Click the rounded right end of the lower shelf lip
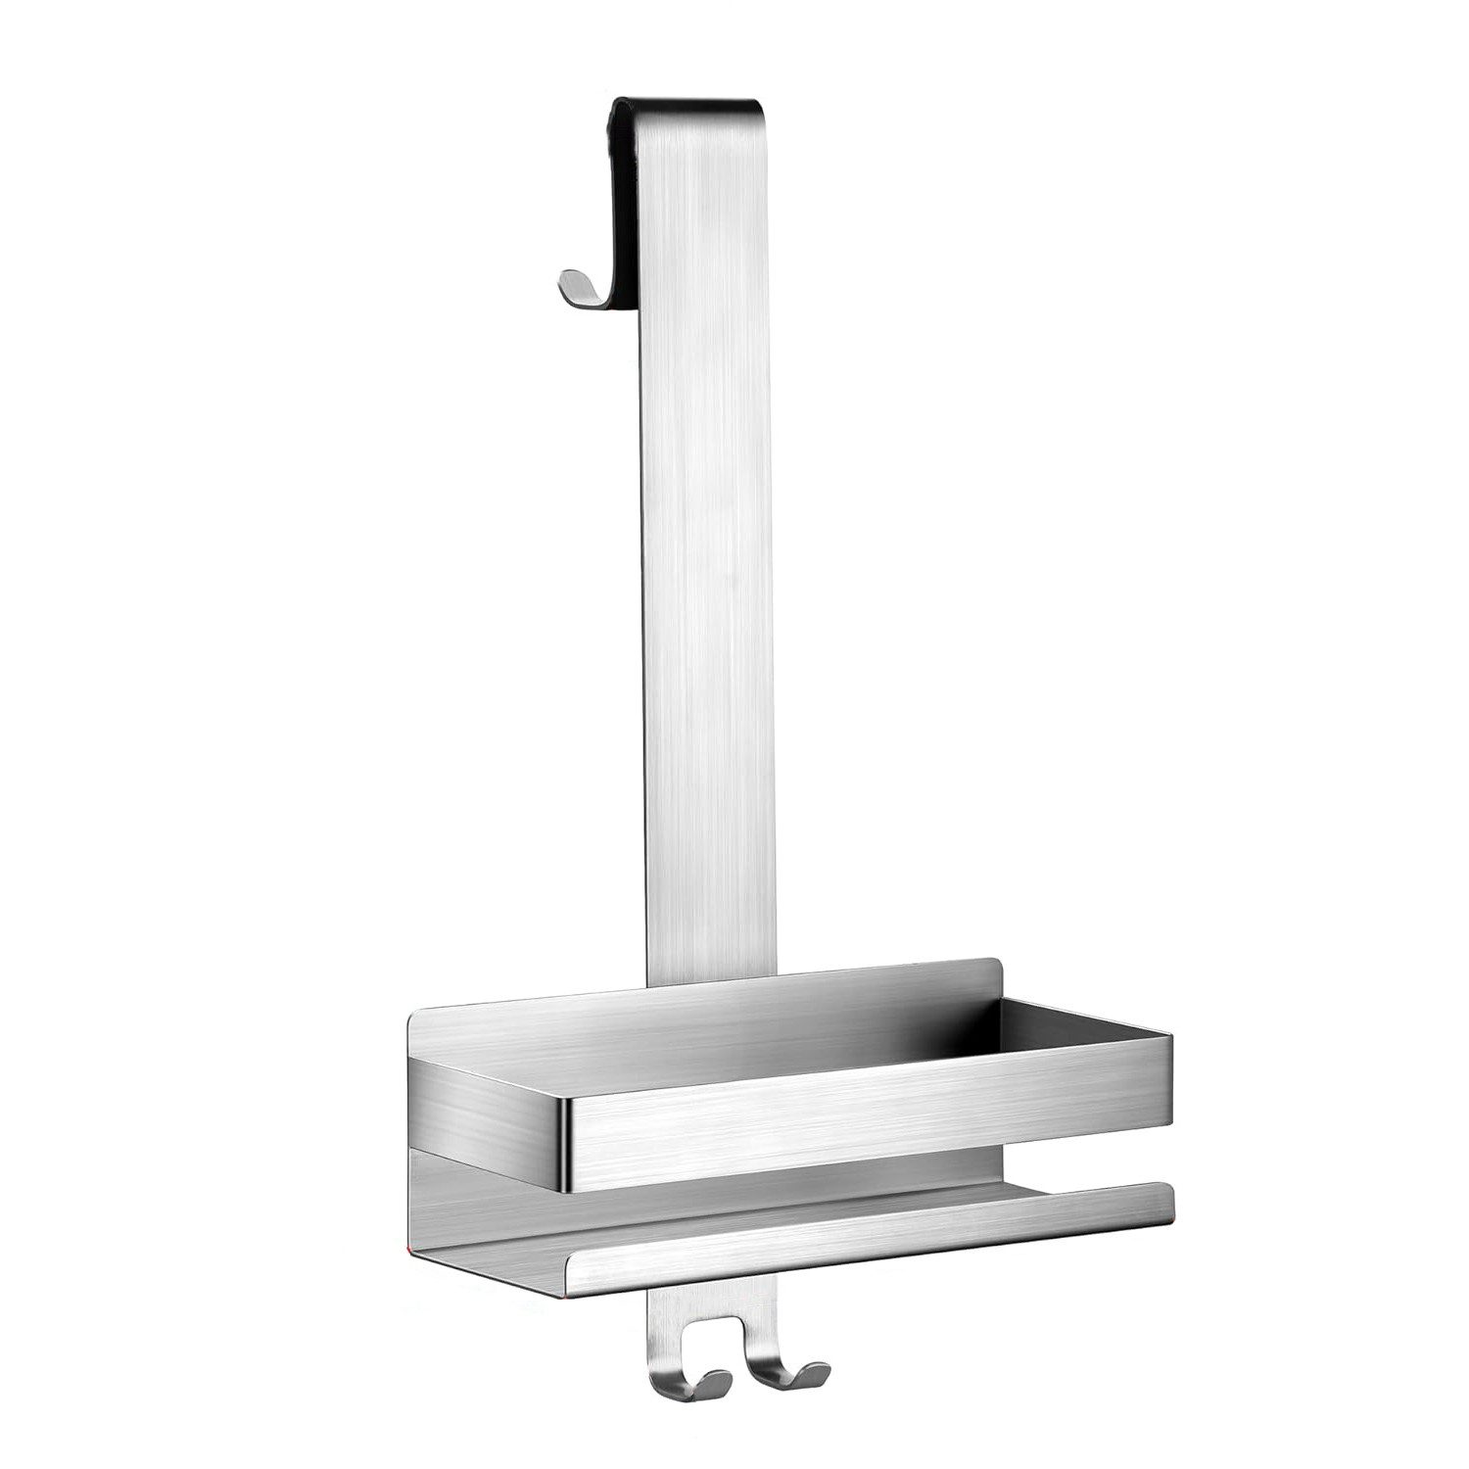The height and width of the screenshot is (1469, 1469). click(1165, 1200)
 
